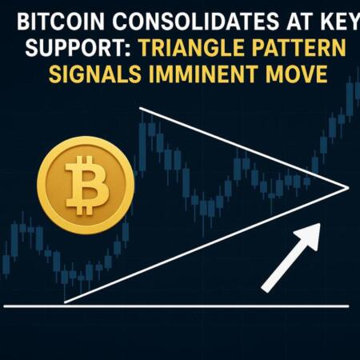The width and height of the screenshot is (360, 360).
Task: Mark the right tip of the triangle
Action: tap(349, 188)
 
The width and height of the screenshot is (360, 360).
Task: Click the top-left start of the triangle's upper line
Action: tap(140, 108)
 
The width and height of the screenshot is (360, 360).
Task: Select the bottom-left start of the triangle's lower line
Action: tap(64, 302)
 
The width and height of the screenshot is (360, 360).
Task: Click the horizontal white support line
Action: tap(176, 306)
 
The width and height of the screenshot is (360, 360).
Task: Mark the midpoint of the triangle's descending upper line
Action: tap(244, 148)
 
